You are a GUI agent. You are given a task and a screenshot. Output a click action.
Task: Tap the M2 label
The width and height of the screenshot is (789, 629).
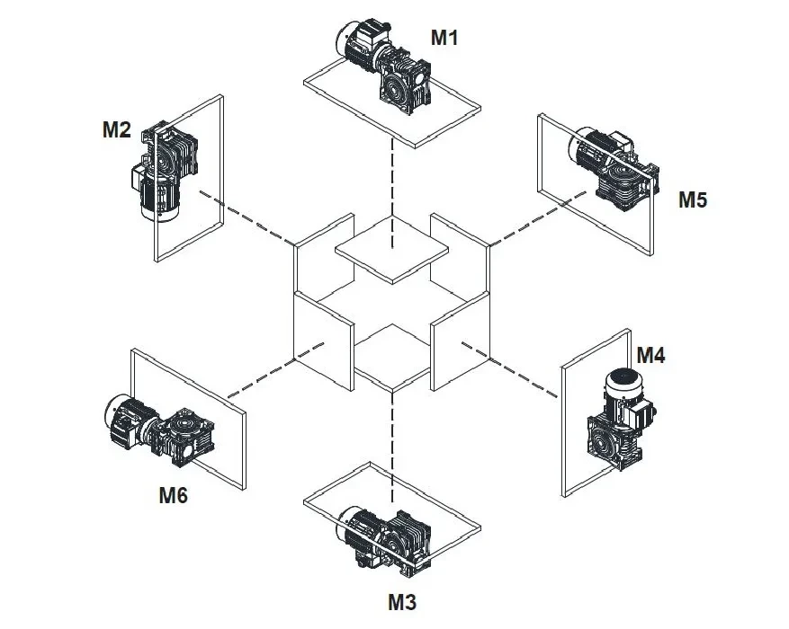[116, 130]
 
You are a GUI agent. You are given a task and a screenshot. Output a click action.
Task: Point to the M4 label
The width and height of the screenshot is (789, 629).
[650, 355]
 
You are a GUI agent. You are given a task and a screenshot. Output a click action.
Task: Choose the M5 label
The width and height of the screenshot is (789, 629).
[693, 199]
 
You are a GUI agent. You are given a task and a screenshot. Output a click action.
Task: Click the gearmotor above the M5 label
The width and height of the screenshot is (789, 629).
[614, 166]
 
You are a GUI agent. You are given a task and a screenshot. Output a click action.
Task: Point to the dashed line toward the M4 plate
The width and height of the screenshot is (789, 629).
[522, 376]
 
